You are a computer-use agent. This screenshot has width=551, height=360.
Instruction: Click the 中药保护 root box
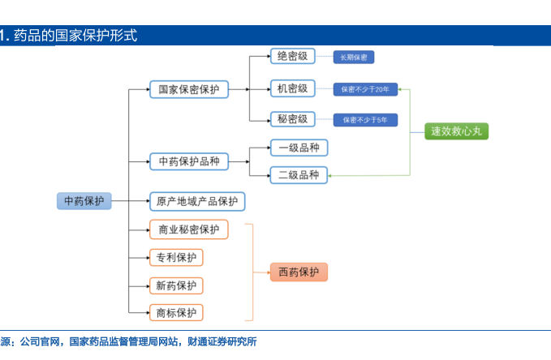coord(84,201)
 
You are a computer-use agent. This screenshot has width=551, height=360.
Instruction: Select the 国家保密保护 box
coord(189,89)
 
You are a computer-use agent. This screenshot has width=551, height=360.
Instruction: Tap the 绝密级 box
coord(292,56)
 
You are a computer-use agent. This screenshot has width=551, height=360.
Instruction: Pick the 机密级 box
coord(292,88)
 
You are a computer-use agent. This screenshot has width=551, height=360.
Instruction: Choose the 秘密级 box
coord(292,119)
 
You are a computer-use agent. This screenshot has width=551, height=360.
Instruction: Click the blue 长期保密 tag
coord(354,58)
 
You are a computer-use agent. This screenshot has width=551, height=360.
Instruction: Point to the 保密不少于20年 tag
coord(365,89)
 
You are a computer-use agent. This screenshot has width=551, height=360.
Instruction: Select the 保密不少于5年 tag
coord(365,120)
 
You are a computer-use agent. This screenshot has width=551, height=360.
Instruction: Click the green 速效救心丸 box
coord(457,131)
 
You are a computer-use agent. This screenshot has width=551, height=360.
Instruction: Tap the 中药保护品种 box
coord(189,161)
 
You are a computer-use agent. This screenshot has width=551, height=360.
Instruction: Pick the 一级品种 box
coord(299,148)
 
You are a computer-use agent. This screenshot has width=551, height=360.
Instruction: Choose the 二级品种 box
coord(299,175)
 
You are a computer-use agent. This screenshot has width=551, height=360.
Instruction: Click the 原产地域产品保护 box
coord(197,201)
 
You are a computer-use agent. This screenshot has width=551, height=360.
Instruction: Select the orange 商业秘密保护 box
coord(189,229)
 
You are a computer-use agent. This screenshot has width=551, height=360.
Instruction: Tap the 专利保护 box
coord(176,258)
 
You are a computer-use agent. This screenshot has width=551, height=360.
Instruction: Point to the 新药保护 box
coord(176,285)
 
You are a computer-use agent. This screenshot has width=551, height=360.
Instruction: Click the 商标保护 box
coord(176,313)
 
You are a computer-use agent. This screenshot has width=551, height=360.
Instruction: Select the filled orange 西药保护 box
coord(299,272)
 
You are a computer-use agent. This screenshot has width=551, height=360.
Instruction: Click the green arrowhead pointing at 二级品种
coord(329,176)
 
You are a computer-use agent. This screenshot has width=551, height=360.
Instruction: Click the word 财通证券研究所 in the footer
coord(222,341)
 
